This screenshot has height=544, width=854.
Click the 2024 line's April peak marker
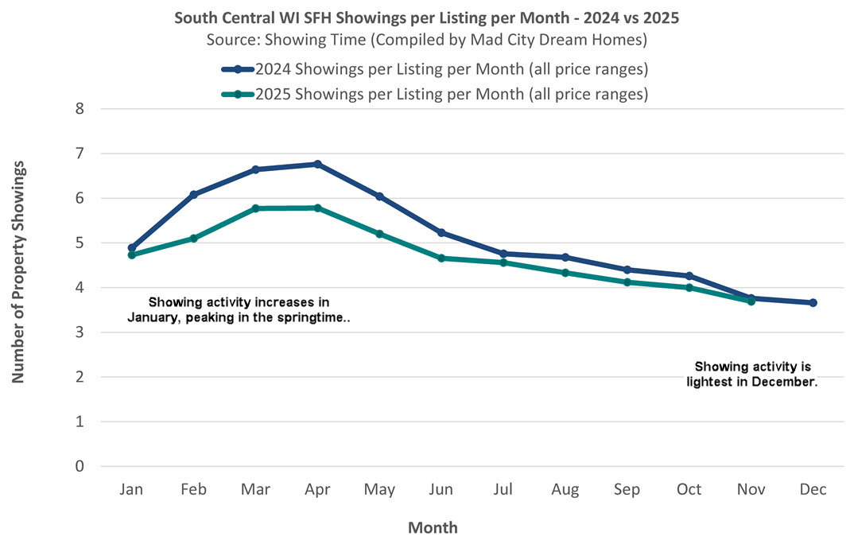[x=317, y=164]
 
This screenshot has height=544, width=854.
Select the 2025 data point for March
[x=255, y=208]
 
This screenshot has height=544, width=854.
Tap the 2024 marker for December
[x=813, y=302]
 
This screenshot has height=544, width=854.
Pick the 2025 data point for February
[x=193, y=238]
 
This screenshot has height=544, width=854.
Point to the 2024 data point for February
[x=193, y=194]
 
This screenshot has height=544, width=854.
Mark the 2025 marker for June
[x=441, y=258]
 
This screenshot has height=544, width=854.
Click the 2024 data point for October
[x=689, y=276]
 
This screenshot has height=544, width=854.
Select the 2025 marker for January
[x=131, y=255]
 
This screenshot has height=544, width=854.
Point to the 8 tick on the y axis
[x=79, y=109]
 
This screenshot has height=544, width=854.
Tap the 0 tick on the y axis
[x=79, y=466]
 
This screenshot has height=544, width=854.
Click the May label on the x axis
[x=379, y=490]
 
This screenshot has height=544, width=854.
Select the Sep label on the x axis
[x=627, y=490]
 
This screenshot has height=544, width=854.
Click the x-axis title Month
[x=433, y=527]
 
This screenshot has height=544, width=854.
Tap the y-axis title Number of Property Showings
[x=18, y=271]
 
